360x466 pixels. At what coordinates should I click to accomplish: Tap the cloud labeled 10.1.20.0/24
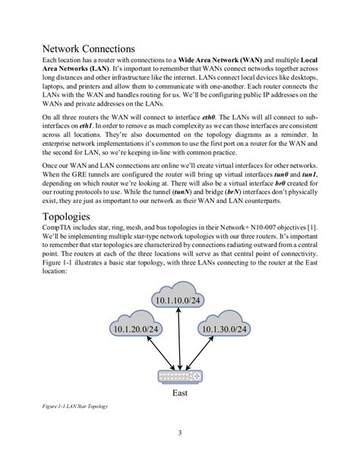click(x=136, y=329)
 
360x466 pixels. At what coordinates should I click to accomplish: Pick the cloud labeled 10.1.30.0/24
click(x=223, y=329)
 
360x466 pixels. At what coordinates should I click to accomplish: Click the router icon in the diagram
click(x=180, y=376)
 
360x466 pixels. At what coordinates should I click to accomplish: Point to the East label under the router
click(x=180, y=395)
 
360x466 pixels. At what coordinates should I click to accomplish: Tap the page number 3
click(x=180, y=434)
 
